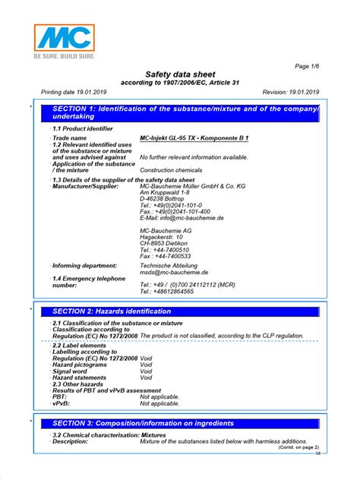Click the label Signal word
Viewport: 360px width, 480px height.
pyautogui.click(x=74, y=371)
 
